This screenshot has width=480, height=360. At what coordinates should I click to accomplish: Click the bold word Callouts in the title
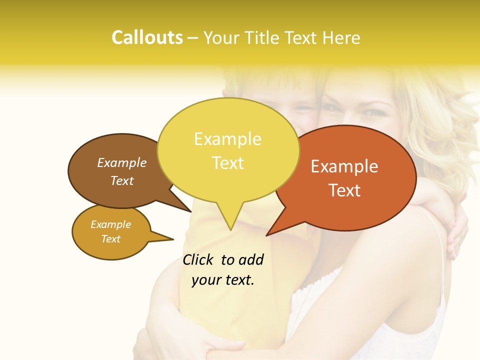147,37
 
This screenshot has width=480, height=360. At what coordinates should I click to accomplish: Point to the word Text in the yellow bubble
227,162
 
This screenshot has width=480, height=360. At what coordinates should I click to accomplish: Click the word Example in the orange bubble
344,166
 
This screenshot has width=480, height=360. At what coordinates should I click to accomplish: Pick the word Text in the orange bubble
344,190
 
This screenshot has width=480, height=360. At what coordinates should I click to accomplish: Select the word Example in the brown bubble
121,162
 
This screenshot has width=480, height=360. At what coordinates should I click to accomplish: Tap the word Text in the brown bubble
121,180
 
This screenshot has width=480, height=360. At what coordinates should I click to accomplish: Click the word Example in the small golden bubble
110,224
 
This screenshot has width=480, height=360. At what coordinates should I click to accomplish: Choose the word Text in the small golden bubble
110,239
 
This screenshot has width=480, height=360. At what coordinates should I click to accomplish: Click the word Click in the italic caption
198,259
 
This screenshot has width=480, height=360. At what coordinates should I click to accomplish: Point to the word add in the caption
250,259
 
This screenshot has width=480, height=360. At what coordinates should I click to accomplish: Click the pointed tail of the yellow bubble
230,225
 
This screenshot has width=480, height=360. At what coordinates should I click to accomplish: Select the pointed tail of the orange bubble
270,232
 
